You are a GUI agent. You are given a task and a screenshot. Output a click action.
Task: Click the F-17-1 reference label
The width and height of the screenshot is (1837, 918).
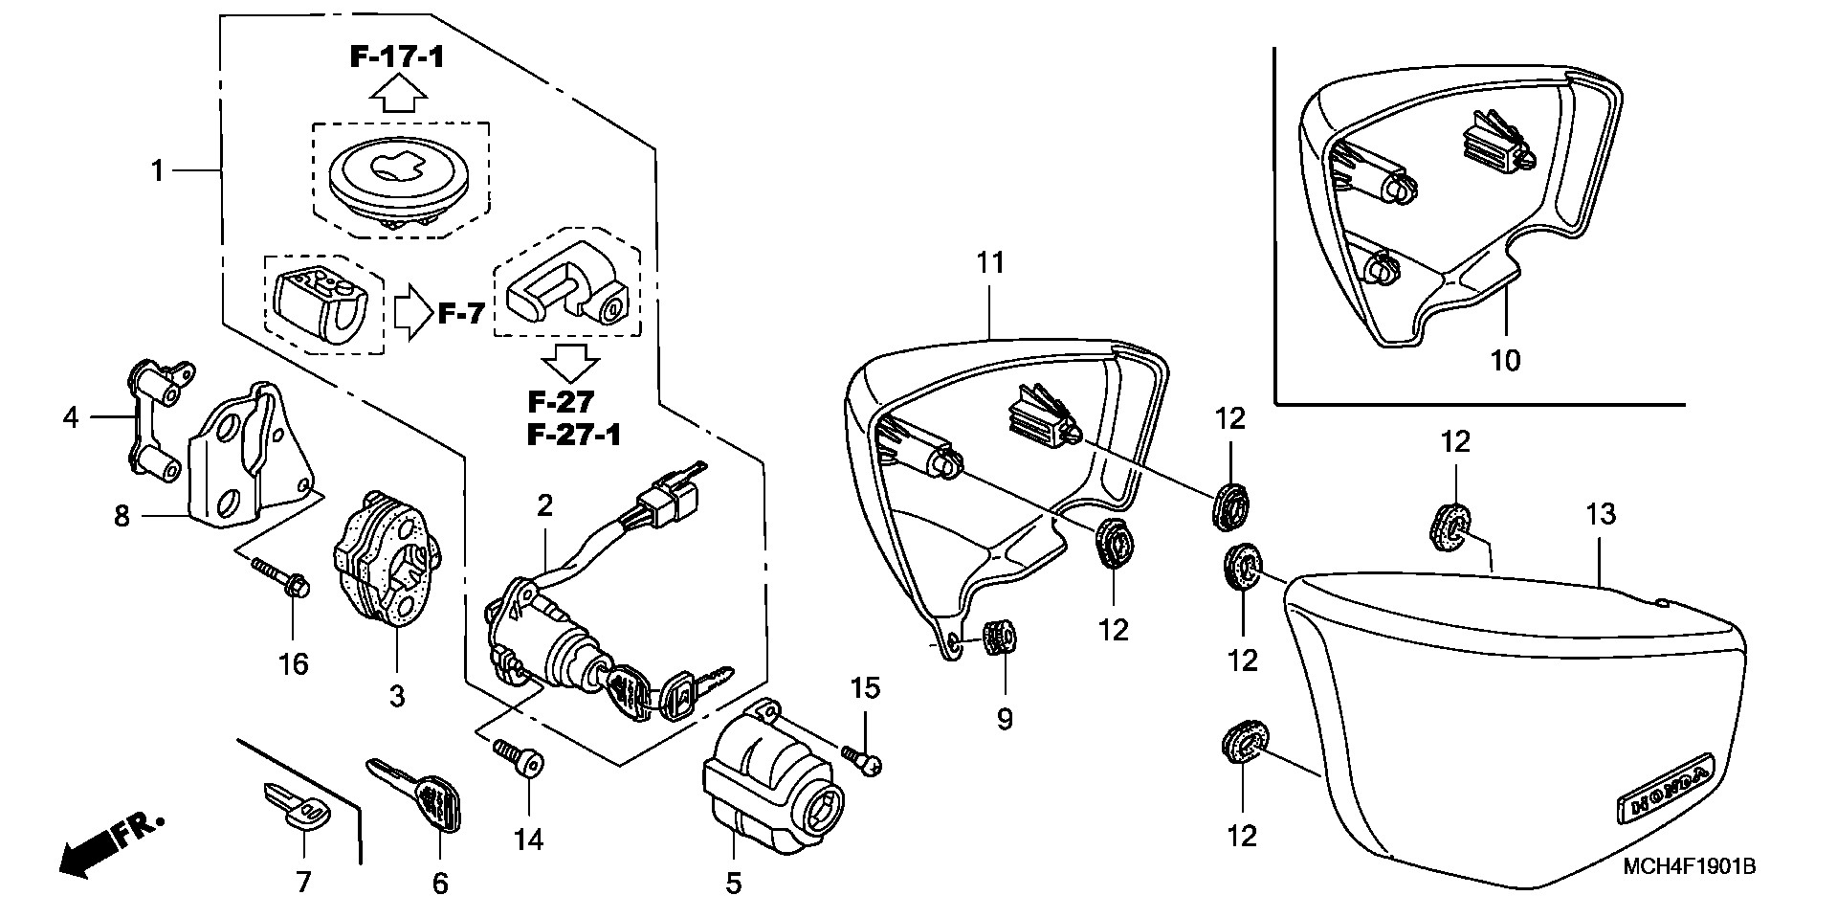point(396,57)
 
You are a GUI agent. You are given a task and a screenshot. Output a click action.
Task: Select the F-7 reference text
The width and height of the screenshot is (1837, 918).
point(461,313)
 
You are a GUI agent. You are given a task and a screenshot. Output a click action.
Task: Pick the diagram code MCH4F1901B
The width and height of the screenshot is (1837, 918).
point(1689,867)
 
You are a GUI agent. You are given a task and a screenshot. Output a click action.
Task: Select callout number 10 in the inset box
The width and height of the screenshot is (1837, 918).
point(1505,361)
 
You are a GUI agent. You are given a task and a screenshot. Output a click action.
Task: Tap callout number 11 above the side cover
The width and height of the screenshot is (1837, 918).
point(990,262)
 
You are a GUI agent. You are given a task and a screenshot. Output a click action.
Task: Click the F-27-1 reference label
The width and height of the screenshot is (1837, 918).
point(574,436)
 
